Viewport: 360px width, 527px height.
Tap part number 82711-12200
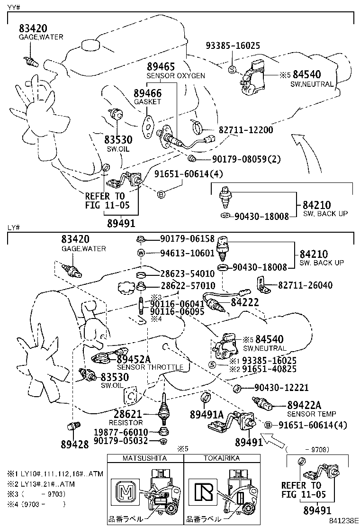(x=245, y=129)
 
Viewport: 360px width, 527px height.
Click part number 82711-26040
(x=305, y=285)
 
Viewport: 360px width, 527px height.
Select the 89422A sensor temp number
(x=305, y=405)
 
